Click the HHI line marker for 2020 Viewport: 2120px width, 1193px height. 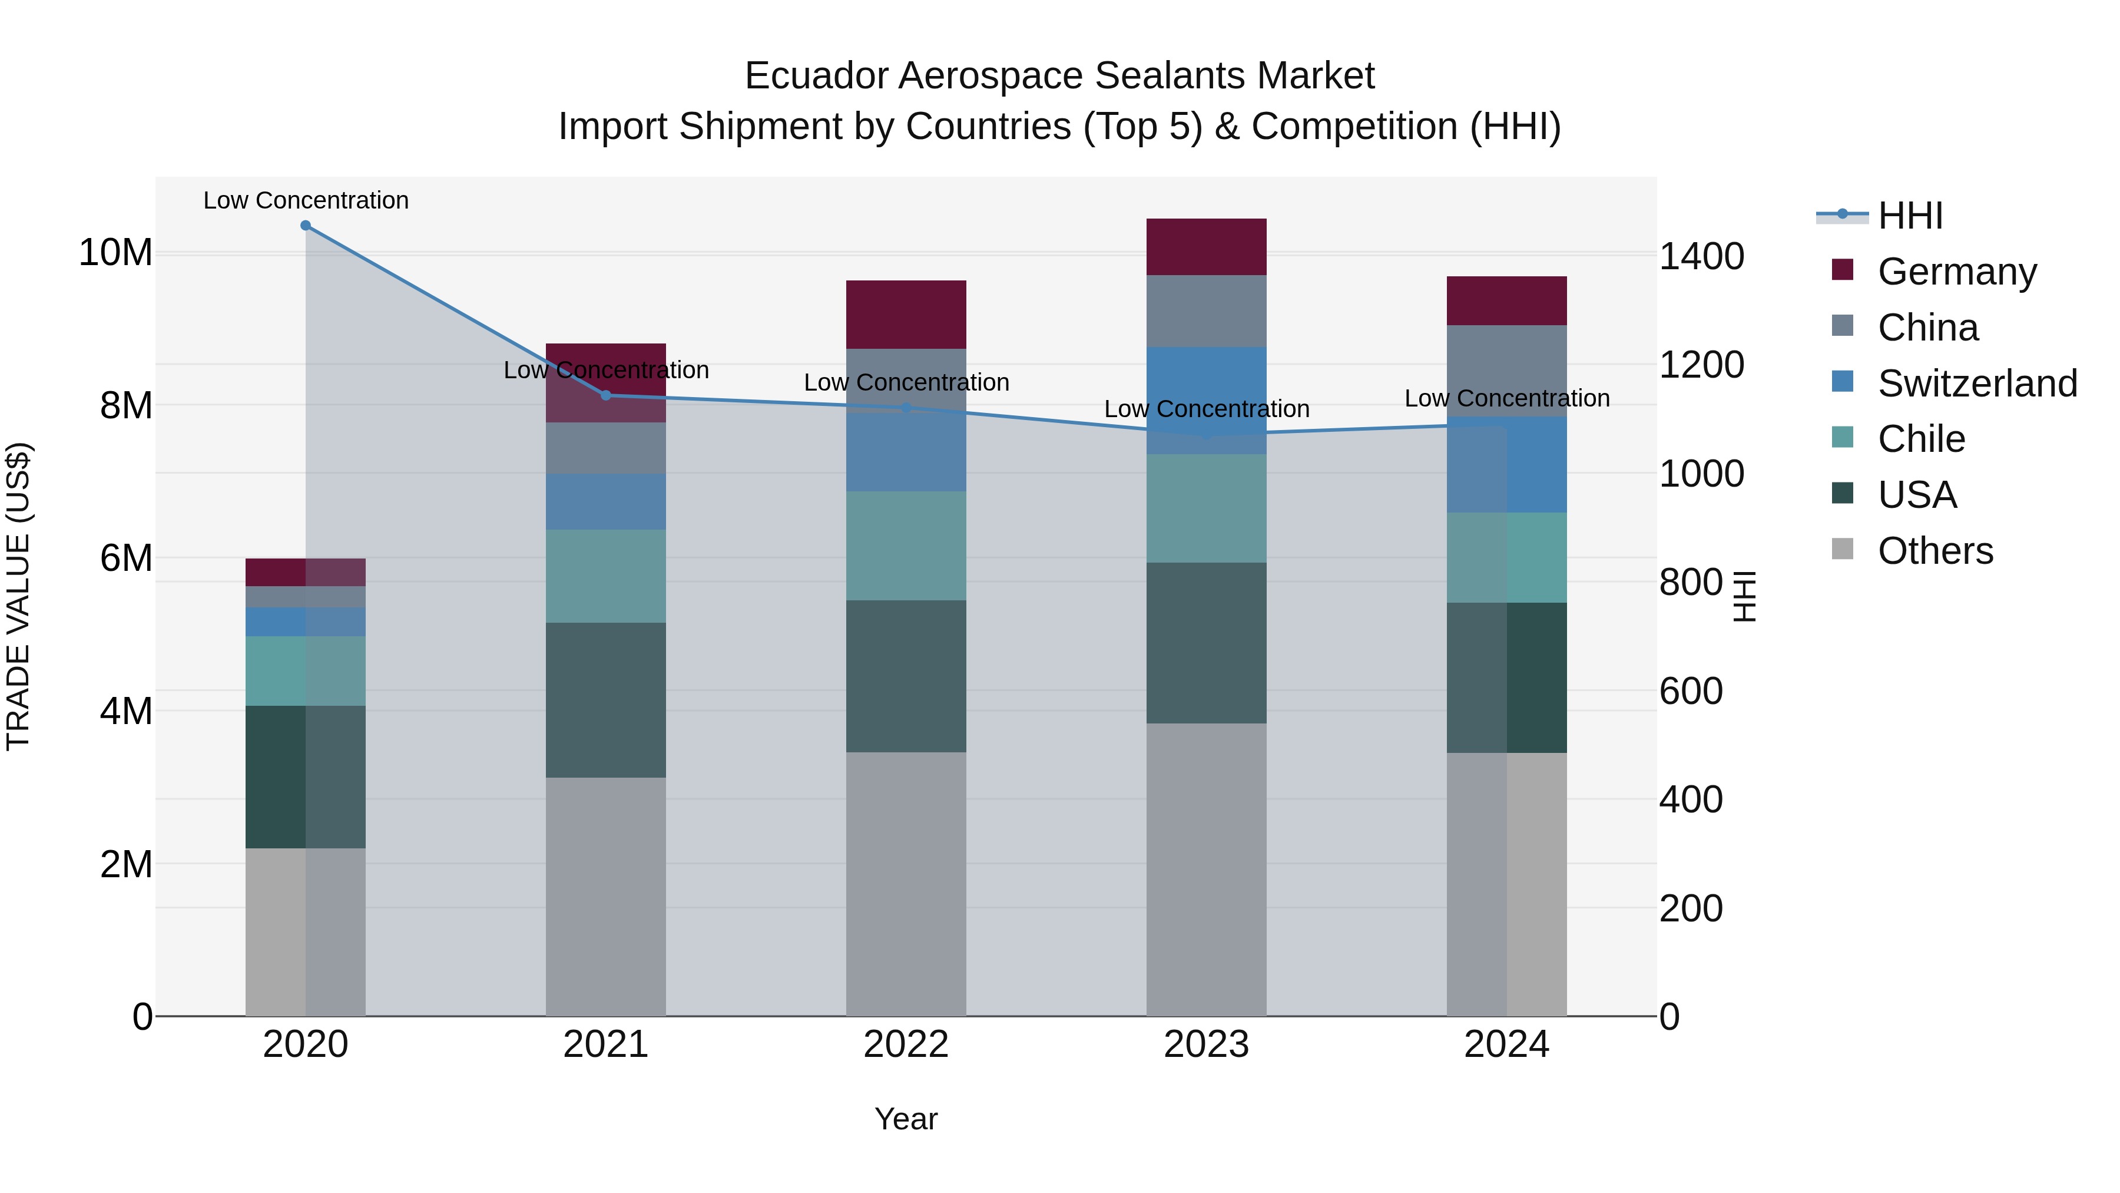[x=305, y=226]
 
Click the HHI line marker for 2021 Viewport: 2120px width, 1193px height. [x=606, y=395]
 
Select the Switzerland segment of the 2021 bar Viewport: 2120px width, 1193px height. [x=606, y=501]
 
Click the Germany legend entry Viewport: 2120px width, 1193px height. [x=1956, y=272]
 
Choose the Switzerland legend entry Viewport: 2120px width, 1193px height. [x=1976, y=384]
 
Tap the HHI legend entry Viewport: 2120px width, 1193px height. [x=1909, y=216]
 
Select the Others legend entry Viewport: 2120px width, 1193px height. [x=1934, y=551]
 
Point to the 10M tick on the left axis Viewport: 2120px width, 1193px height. [x=115, y=252]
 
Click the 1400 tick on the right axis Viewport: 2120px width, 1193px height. [x=1700, y=256]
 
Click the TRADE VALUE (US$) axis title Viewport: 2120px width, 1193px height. [x=18, y=596]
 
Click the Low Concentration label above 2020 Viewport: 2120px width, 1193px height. [x=305, y=200]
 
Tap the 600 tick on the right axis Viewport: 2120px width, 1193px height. [x=1690, y=691]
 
